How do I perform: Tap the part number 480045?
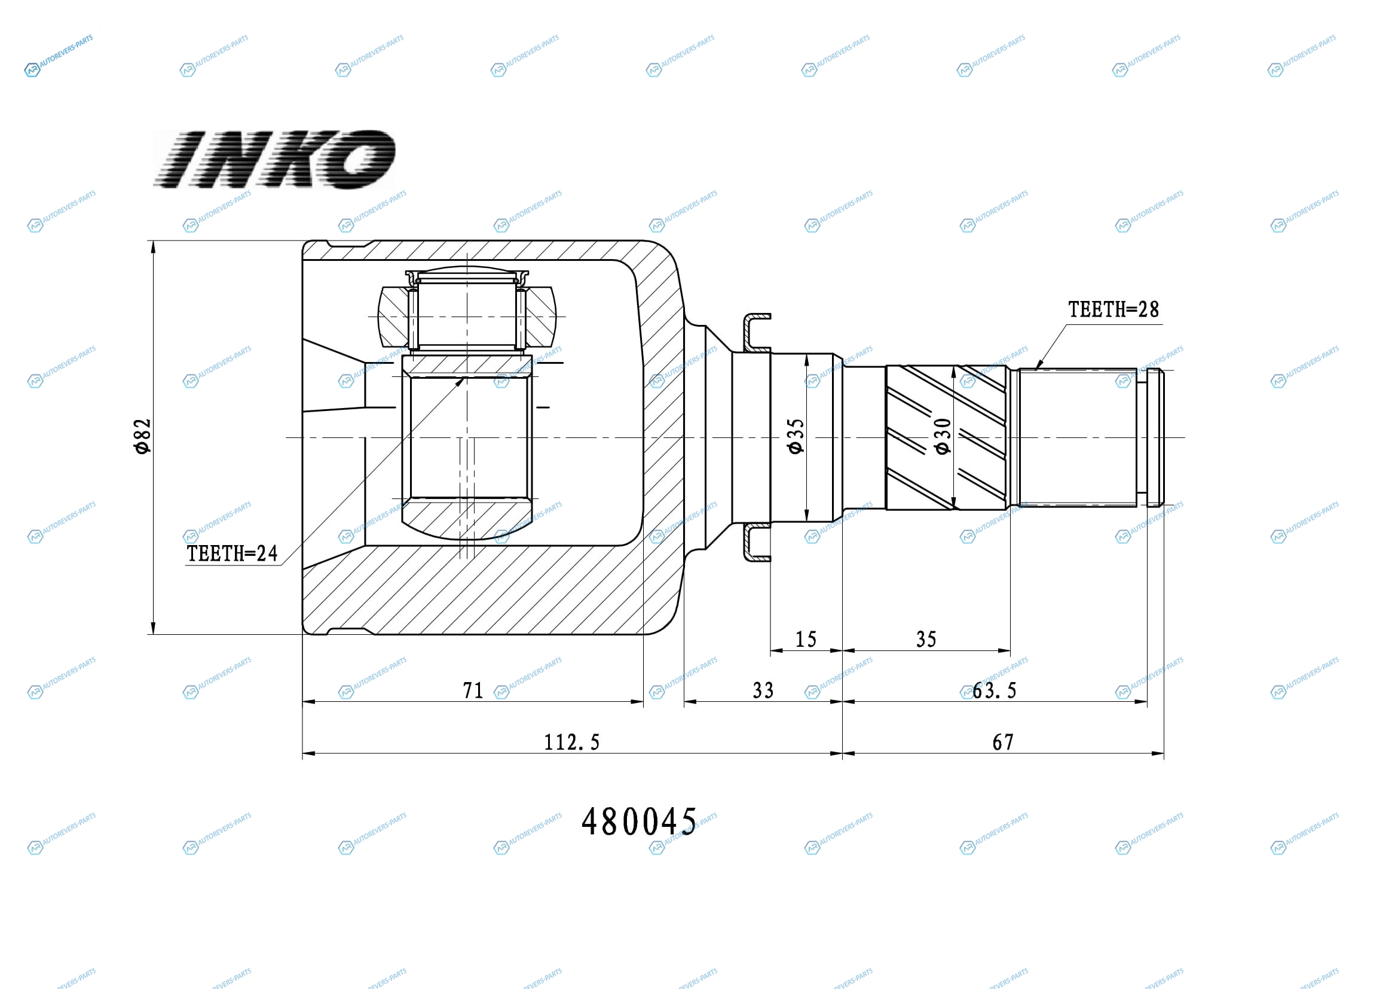pyautogui.click(x=639, y=821)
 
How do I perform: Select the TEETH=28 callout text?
pyautogui.click(x=1113, y=309)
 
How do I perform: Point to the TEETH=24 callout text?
pyautogui.click(x=232, y=553)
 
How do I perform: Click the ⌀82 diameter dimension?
pyautogui.click(x=142, y=436)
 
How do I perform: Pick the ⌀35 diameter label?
pyautogui.click(x=796, y=436)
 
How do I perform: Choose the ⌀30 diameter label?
pyautogui.click(x=943, y=436)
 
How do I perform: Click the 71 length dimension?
pyautogui.click(x=473, y=690)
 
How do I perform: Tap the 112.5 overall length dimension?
pyautogui.click(x=572, y=742)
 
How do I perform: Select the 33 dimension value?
pyautogui.click(x=763, y=690)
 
